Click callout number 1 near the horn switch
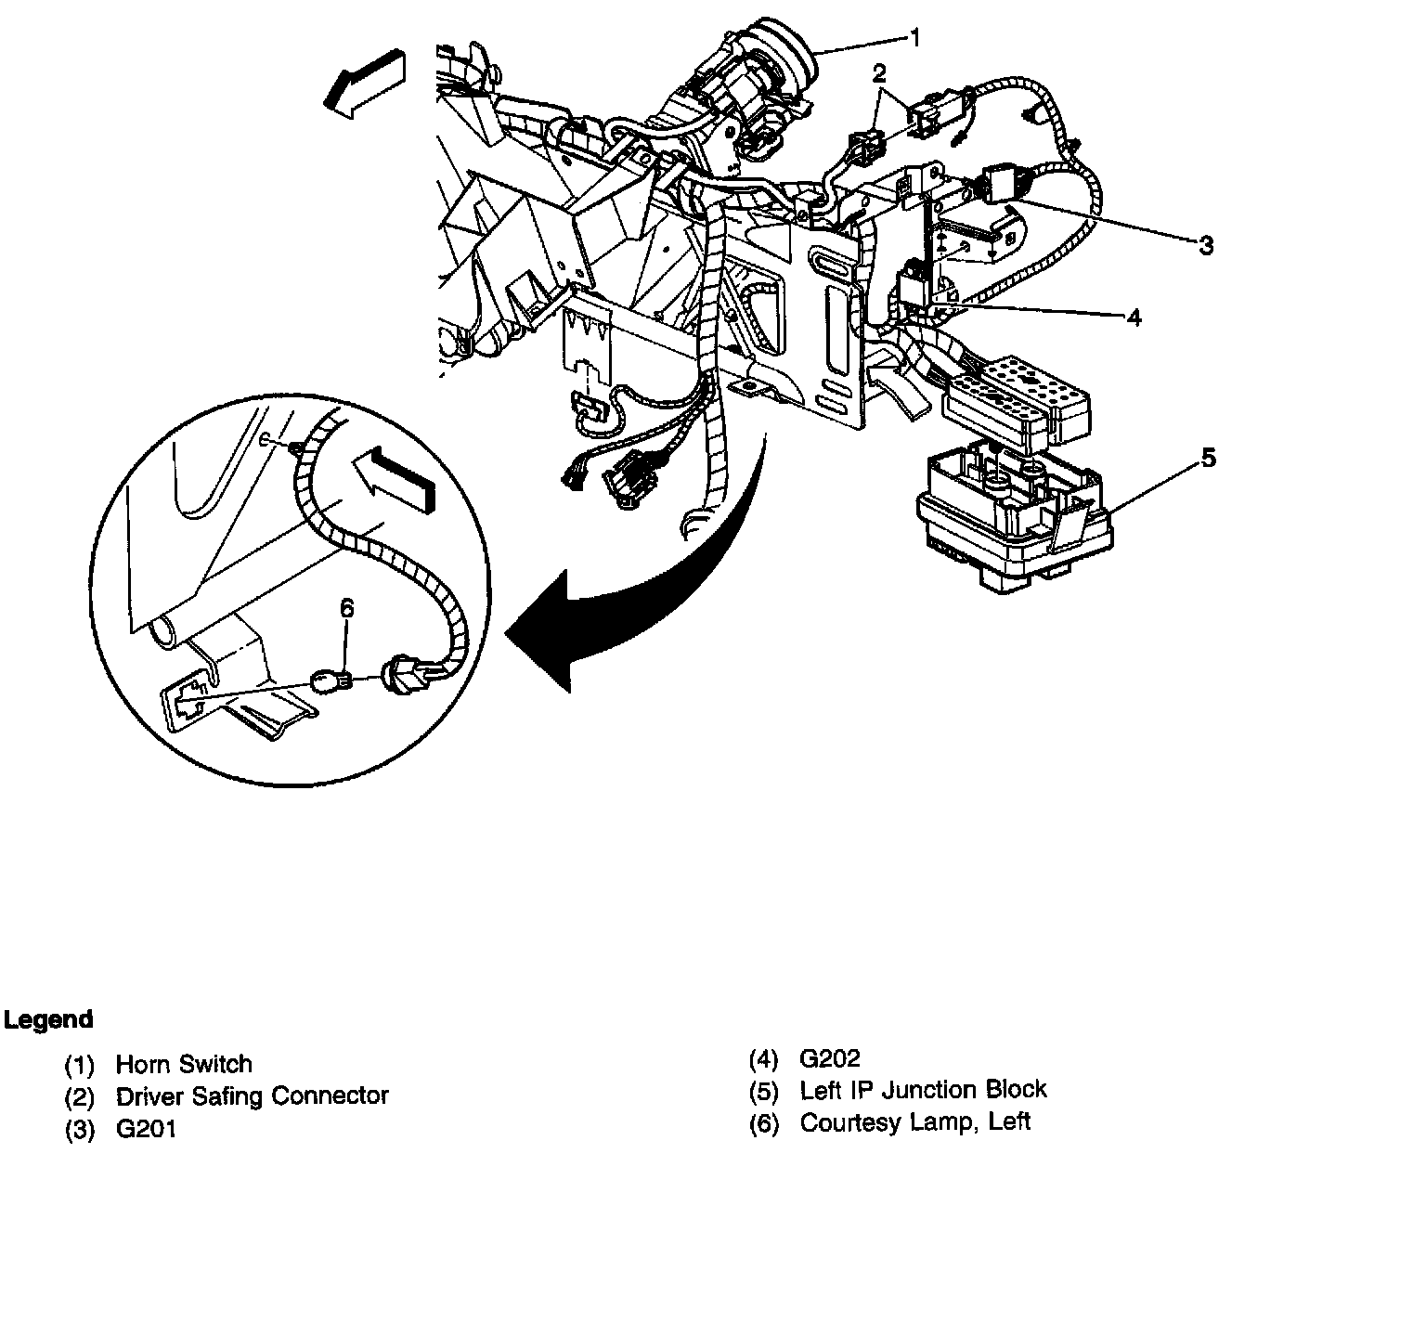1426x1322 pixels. pos(915,38)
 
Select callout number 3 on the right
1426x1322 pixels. pos(1206,245)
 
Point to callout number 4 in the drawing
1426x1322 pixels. pos(1134,318)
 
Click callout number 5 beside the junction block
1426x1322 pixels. pos(1208,457)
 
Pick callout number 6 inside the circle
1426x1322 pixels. pos(346,608)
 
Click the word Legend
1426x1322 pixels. pos(48,1019)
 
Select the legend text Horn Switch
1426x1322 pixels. pos(184,1064)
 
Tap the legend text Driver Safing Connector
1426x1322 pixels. pos(252,1096)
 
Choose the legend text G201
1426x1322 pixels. pos(146,1129)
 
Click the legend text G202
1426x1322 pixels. pos(830,1058)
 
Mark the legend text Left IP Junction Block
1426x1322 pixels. pos(923,1090)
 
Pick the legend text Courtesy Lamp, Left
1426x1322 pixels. pos(914,1122)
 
